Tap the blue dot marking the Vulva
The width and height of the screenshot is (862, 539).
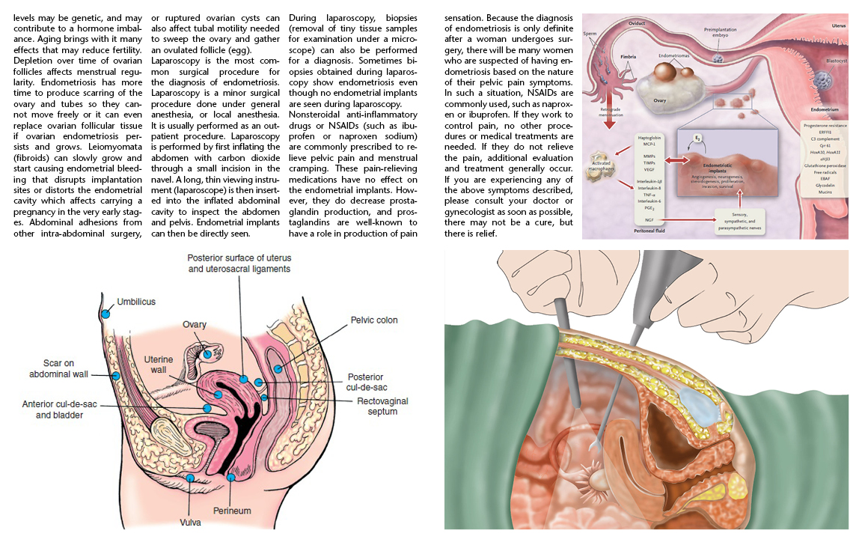click(x=191, y=478)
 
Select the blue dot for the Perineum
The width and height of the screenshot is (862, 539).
click(x=231, y=477)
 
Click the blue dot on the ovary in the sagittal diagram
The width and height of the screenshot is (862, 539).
click(x=207, y=354)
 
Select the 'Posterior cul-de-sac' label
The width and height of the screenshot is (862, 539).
click(x=366, y=382)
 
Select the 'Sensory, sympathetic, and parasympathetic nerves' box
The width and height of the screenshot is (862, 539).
click(x=740, y=219)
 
